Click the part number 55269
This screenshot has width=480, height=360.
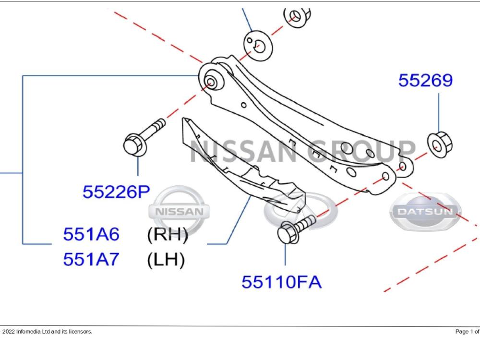(x=425, y=81)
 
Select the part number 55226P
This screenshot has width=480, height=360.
(x=116, y=192)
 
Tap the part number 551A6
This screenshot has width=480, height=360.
(x=91, y=234)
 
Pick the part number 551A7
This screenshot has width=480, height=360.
(x=91, y=259)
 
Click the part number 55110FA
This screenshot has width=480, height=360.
(x=282, y=282)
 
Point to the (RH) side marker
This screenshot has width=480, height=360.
(x=168, y=235)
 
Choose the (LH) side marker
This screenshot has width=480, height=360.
(x=166, y=260)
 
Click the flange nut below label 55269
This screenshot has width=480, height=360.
(x=440, y=145)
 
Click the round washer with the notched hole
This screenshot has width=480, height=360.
(x=258, y=45)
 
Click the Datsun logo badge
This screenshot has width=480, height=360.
(x=425, y=212)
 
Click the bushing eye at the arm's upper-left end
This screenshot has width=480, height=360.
(x=211, y=80)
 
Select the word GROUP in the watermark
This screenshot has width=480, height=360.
(x=361, y=151)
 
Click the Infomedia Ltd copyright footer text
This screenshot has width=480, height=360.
(x=46, y=332)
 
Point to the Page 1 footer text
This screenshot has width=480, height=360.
(x=467, y=332)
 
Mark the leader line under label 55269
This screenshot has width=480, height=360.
(x=439, y=112)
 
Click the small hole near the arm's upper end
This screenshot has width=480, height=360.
(x=244, y=105)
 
